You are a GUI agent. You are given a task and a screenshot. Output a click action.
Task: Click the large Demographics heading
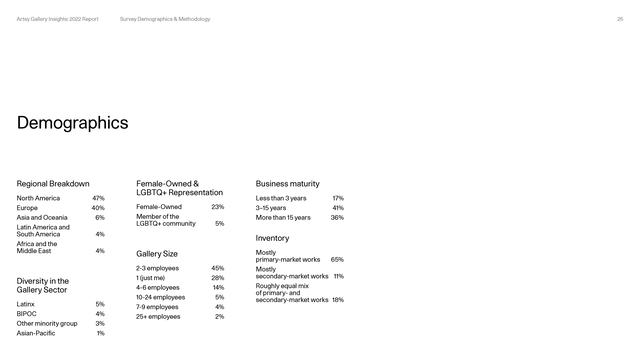tap(72, 123)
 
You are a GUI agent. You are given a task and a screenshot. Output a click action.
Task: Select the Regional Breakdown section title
tap(53, 184)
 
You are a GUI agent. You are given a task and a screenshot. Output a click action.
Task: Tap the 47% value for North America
tap(98, 198)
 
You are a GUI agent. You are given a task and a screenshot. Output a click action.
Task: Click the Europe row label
tap(28, 208)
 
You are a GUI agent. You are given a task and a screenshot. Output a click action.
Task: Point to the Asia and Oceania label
tap(42, 217)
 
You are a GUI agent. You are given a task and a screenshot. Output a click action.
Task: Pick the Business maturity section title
tap(287, 184)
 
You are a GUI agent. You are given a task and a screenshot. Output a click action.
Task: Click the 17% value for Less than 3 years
tap(338, 198)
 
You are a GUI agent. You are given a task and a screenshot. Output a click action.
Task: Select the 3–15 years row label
tap(271, 208)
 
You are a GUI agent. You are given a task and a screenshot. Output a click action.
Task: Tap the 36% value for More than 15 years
tap(337, 217)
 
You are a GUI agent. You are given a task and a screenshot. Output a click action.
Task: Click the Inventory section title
tap(272, 238)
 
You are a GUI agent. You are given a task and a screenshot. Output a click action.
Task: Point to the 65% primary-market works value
tap(337, 259)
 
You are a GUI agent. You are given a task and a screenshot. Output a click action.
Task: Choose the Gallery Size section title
tap(157, 254)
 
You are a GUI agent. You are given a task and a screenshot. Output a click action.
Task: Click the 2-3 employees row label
tap(157, 268)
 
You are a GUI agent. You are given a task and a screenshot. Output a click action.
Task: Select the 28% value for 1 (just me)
tap(218, 278)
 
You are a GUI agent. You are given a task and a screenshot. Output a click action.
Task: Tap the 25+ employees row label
tap(158, 316)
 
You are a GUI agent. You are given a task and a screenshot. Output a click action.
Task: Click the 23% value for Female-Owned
tap(218, 207)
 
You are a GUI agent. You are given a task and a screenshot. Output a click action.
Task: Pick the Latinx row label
tap(26, 303)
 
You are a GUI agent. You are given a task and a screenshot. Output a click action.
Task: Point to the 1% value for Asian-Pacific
tap(100, 333)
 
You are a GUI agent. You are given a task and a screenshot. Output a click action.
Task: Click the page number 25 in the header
tap(620, 19)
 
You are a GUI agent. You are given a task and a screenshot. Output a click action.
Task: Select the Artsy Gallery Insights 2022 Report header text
tap(57, 19)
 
